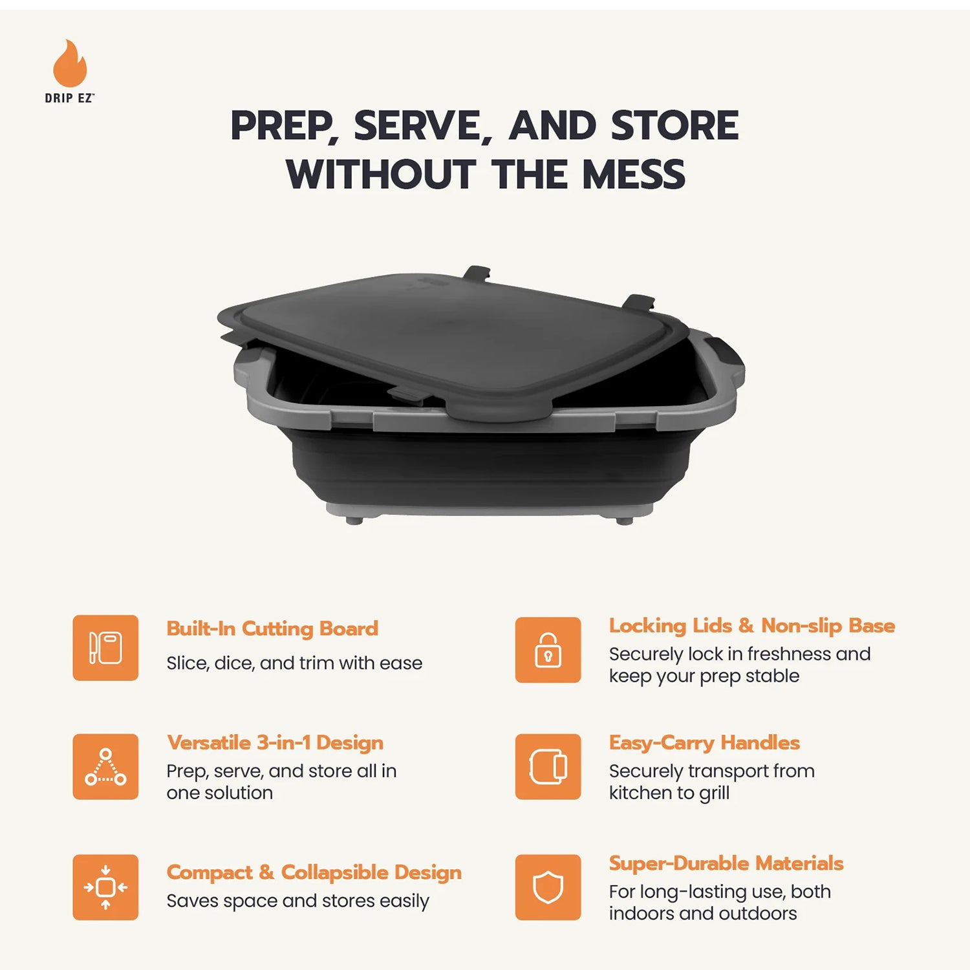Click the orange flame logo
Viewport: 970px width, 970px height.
(70, 65)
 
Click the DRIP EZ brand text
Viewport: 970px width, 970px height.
(69, 98)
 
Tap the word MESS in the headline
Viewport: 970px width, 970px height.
(634, 175)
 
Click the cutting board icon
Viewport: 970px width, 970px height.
(105, 647)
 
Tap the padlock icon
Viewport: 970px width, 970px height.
(548, 650)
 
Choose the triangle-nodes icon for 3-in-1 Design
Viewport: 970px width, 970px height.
(105, 767)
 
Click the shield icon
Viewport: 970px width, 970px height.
(548, 887)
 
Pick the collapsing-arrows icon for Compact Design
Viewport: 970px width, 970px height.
(105, 887)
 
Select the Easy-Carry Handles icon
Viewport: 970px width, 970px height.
(548, 767)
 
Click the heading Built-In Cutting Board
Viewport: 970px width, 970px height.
(272, 629)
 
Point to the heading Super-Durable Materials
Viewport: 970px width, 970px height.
(726, 863)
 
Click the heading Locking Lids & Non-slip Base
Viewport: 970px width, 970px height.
(751, 626)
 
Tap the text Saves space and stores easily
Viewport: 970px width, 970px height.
(297, 901)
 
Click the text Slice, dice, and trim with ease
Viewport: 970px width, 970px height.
(294, 663)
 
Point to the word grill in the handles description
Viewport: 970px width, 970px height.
(714, 793)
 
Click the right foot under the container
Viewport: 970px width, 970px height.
(624, 521)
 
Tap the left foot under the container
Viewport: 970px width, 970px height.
(354, 520)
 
